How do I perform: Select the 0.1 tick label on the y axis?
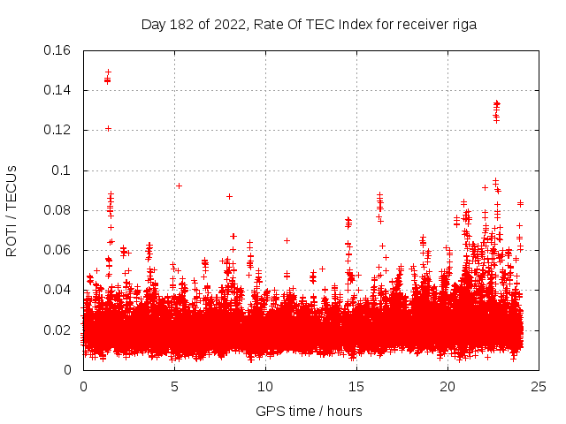coord(64,170)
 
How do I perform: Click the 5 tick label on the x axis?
coord(174,387)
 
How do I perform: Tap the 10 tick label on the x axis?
coord(265,387)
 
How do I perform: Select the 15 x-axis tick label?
coord(356,387)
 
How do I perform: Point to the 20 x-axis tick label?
coord(447,387)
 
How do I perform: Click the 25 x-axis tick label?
coord(539,387)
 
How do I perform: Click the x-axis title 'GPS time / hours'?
coord(309,411)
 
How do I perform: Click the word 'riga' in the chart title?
coord(463,25)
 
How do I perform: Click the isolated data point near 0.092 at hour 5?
coord(179,185)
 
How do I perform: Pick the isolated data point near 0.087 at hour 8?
coord(229,196)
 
